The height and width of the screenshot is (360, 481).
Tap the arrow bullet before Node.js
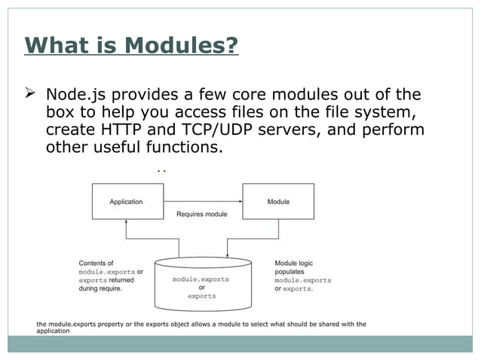32,95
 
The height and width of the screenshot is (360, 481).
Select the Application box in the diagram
126,201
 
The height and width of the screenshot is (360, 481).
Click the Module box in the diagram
278,201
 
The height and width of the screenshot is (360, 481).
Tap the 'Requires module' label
201,214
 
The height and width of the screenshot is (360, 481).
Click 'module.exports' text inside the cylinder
201,279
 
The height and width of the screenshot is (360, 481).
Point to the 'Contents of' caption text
97,263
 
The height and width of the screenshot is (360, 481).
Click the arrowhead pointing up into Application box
126,224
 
